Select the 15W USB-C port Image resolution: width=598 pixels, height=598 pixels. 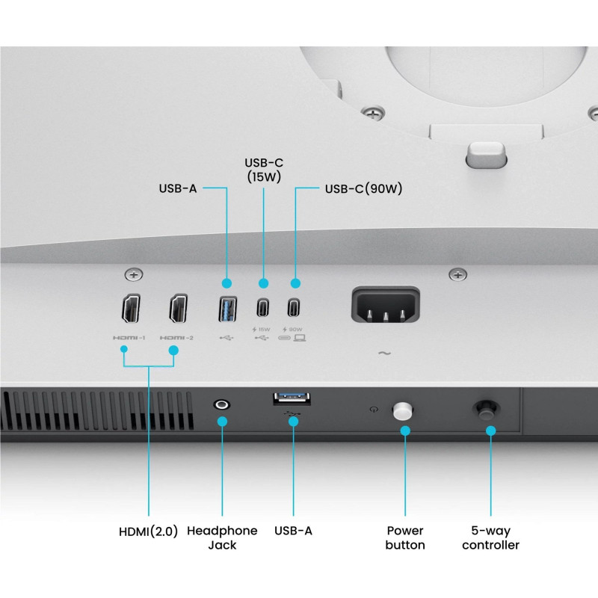[262, 307]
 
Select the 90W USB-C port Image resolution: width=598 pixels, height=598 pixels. [295, 307]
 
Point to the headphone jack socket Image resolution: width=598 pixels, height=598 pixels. [222, 404]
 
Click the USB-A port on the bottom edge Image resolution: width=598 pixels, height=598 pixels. [293, 399]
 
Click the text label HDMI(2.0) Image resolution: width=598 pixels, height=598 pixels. [149, 531]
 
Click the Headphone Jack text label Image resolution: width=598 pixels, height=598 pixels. [222, 537]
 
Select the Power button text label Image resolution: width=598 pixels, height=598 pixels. [405, 537]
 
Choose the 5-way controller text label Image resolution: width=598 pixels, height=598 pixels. [490, 537]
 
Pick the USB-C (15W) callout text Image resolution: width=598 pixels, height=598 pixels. [264, 169]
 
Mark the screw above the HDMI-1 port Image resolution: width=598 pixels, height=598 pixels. [135, 276]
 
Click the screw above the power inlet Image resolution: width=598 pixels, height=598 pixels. [457, 275]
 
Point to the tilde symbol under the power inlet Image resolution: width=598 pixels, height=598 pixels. [384, 353]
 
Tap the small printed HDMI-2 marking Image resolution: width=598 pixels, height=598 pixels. [176, 338]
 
